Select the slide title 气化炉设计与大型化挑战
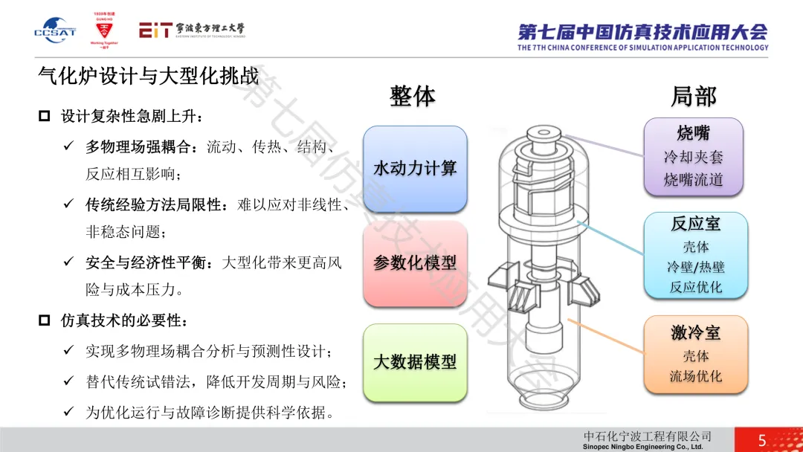148,76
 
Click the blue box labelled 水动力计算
415,169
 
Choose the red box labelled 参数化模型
415,262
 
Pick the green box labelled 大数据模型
415,363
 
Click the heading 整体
413,96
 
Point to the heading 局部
693,96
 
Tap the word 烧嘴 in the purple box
693,134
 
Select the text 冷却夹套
693,157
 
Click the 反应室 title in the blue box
695,224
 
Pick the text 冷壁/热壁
695,266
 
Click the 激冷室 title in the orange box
695,333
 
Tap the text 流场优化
695,376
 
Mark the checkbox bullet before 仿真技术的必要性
45,320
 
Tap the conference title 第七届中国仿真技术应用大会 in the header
642,31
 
